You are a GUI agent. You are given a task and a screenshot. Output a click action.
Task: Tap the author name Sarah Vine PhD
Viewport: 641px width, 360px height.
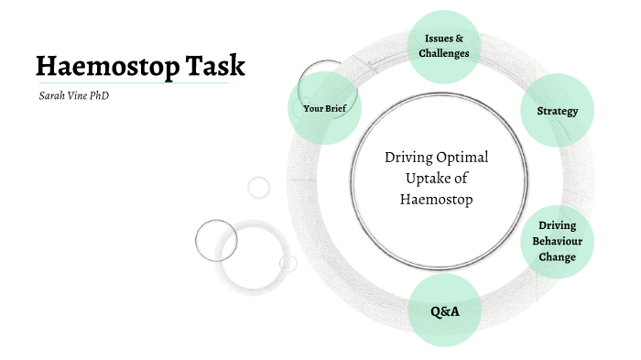tap(68, 94)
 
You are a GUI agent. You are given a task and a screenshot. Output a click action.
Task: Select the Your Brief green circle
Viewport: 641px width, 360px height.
tap(322, 109)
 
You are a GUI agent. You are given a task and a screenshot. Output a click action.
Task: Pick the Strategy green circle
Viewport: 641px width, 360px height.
tap(557, 111)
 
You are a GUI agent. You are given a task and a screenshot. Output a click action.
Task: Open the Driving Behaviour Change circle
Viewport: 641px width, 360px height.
tap(557, 241)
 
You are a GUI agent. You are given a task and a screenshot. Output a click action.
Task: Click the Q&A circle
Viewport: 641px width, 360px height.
tap(444, 311)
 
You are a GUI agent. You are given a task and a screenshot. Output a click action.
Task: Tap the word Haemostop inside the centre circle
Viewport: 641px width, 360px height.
tap(437, 199)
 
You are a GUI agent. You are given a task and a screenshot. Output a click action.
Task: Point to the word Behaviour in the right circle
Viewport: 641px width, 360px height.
tap(557, 241)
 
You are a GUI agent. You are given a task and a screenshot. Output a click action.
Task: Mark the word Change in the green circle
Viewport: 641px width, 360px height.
tap(557, 256)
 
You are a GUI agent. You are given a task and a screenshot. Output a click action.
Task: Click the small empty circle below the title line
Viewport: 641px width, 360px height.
tap(259, 187)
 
